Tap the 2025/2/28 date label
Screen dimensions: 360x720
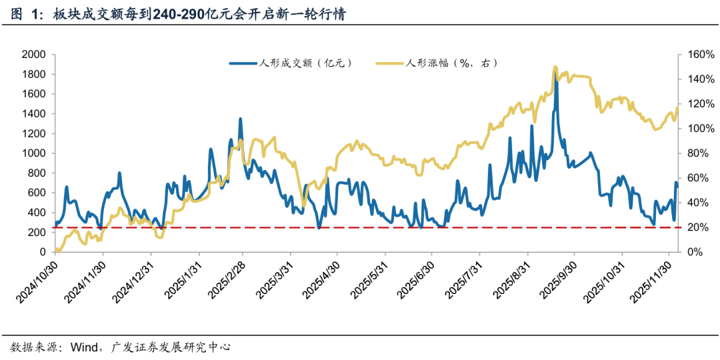[x=225, y=277]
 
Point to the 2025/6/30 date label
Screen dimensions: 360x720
[x=413, y=277]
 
